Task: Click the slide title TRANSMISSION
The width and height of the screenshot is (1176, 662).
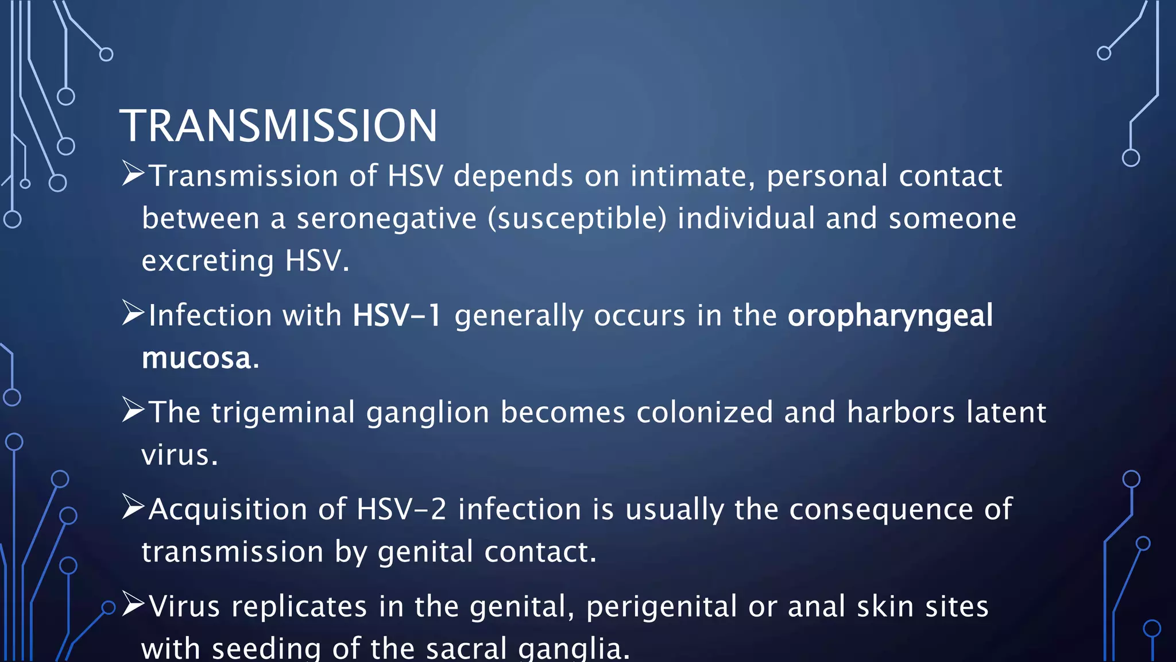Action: click(x=278, y=126)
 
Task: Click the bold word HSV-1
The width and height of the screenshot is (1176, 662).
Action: click(x=397, y=315)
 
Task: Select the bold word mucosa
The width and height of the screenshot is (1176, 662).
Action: click(x=197, y=358)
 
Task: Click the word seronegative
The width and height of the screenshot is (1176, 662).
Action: click(x=386, y=219)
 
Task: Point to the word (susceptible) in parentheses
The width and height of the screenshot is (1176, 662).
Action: click(x=577, y=219)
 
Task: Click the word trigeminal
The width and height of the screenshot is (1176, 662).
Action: click(x=283, y=413)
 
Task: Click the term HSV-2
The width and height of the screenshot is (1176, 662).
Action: click(x=401, y=509)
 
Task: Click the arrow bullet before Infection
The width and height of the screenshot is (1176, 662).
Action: click(x=133, y=314)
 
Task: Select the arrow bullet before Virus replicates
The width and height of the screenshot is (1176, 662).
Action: click(x=133, y=605)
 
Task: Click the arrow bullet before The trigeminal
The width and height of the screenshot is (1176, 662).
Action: click(x=133, y=410)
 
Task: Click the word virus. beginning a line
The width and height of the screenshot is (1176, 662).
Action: click(x=179, y=455)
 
